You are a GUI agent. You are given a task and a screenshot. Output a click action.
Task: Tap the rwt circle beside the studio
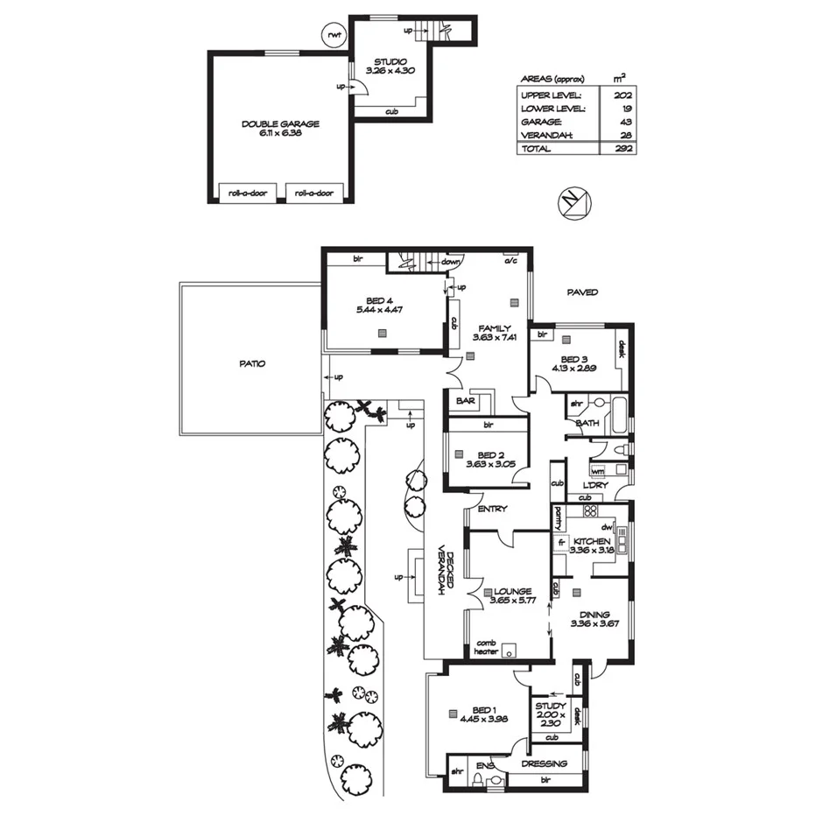tap(334, 35)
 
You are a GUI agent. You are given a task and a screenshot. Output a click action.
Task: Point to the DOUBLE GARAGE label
tap(281, 124)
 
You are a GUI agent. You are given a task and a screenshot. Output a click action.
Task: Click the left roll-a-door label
tap(247, 193)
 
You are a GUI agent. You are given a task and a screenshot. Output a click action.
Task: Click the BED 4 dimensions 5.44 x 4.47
tap(381, 310)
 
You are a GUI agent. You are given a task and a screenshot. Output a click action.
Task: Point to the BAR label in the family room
tap(465, 401)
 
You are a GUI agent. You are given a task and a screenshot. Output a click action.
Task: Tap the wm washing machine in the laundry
tap(597, 470)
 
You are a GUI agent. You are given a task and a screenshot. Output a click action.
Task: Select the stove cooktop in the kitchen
tap(590, 511)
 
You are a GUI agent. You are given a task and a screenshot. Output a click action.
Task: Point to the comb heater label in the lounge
tap(487, 646)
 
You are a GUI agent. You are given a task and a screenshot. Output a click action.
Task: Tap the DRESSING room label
tap(545, 763)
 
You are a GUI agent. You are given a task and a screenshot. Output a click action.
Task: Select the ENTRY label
tap(492, 509)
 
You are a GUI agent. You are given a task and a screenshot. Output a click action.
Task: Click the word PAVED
tap(582, 292)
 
